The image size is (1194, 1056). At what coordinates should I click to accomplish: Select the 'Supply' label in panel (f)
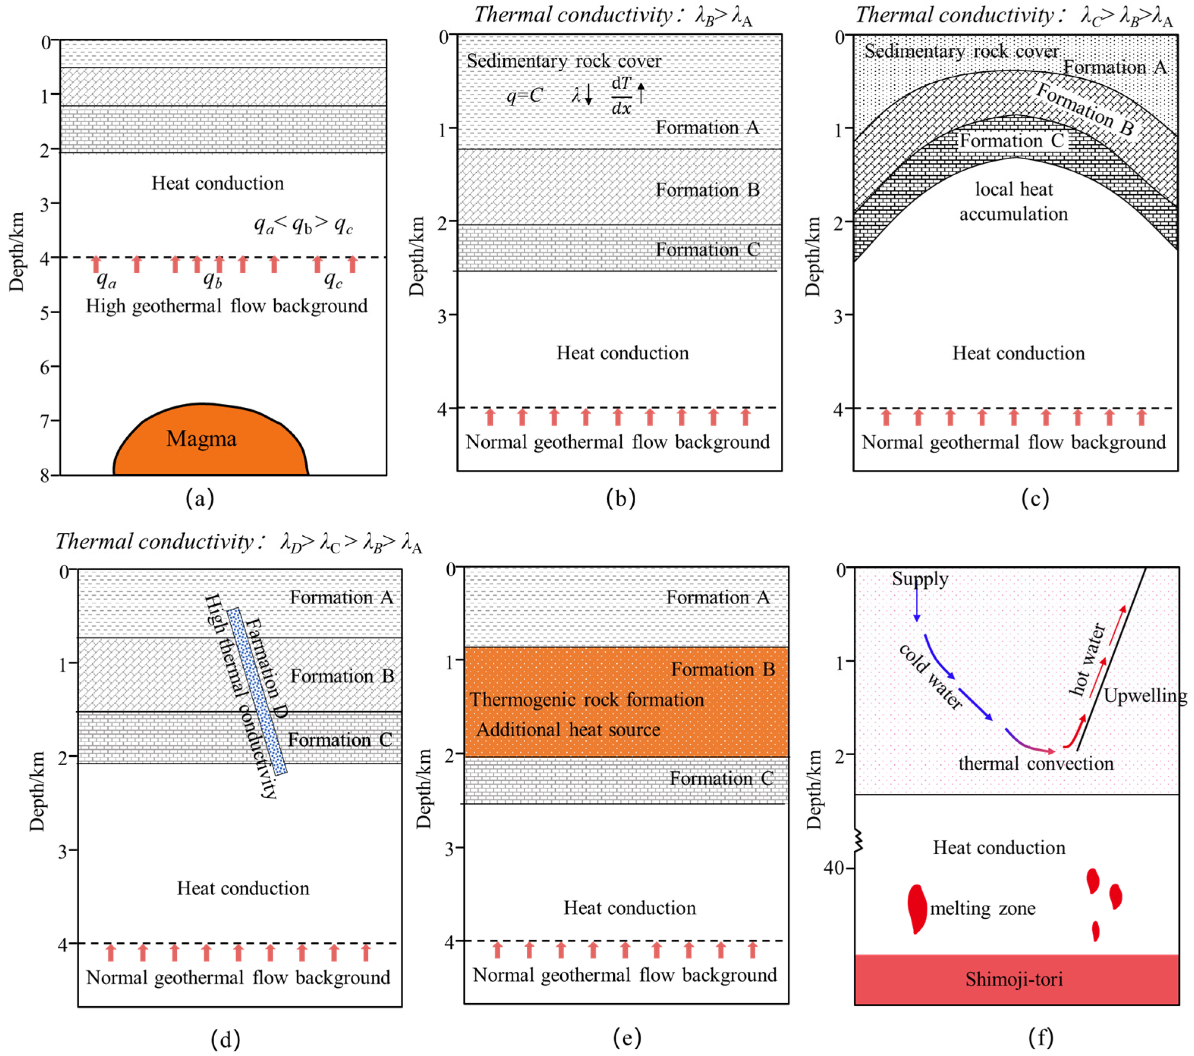point(919,579)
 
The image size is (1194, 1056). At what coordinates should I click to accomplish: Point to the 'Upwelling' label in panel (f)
point(1144,696)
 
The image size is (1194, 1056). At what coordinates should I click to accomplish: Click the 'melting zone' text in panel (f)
point(982,908)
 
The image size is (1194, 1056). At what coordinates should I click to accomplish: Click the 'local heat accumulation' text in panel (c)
point(1013,201)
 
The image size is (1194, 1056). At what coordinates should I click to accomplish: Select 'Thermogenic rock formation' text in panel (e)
point(587,700)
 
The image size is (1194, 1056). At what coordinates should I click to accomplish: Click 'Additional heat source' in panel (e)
point(569,729)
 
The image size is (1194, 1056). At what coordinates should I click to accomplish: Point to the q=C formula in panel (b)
point(525,95)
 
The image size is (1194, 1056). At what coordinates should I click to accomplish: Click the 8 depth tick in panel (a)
point(46,475)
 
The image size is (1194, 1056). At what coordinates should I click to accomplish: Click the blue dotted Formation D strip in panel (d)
point(257,691)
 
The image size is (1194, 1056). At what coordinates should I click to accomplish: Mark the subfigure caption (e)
point(627,1037)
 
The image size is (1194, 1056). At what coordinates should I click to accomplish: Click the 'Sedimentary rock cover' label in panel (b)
point(564,61)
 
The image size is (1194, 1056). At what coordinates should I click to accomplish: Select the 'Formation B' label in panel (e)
point(723,669)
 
